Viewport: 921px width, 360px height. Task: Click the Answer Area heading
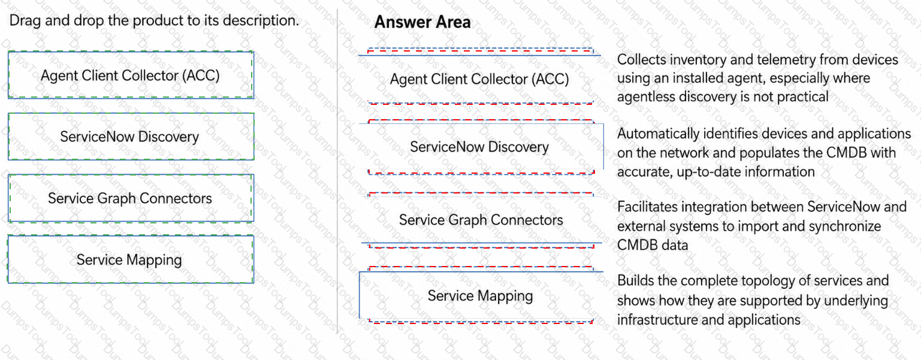[x=422, y=22]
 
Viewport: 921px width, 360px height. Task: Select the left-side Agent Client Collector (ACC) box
[x=131, y=75]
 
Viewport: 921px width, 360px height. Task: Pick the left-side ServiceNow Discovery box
[x=131, y=137]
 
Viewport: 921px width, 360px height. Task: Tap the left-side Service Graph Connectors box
[x=131, y=198]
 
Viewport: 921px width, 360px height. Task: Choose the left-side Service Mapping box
[x=131, y=259]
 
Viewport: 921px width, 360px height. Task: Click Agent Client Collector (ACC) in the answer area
[x=479, y=79]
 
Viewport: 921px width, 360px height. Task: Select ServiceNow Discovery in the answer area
[x=479, y=147]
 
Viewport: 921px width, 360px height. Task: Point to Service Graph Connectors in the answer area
[x=481, y=220]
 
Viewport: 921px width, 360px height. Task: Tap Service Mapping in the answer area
[x=480, y=296]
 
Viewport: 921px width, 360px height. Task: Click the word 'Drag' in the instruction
[x=25, y=20]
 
